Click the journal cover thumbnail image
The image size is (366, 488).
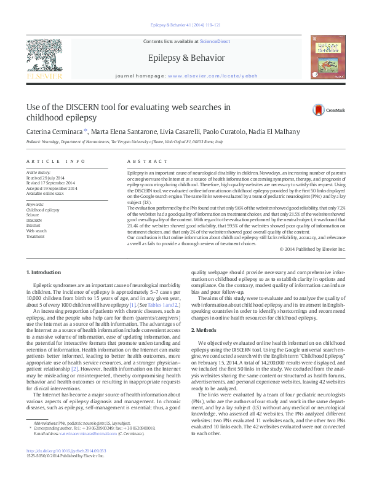pyautogui.click(x=328, y=57)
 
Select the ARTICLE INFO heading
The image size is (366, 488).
pyautogui.click(x=56, y=161)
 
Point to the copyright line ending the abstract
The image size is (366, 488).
pyautogui.click(x=312, y=248)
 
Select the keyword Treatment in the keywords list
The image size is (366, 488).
pyautogui.click(x=36, y=236)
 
